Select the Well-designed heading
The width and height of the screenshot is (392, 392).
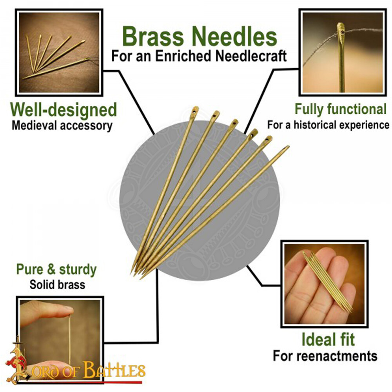pos(64,110)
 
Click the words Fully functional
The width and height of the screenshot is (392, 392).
pos(340,109)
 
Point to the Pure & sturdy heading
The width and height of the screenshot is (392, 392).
pos(56,269)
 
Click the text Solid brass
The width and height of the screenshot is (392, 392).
pos(57,284)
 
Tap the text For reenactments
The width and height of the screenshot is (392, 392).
pos(325,356)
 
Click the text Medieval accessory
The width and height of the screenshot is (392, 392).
pos(62,126)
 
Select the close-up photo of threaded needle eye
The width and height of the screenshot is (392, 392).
pos(343,52)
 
